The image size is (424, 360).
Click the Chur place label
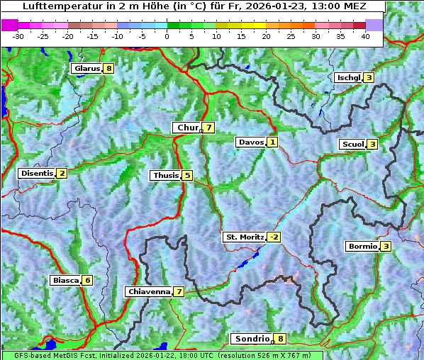(x=187, y=128)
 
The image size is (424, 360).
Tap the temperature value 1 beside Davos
(x=272, y=142)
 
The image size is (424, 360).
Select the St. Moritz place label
(x=244, y=237)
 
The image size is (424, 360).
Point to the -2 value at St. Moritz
(x=274, y=237)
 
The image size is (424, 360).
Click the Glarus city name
(x=86, y=69)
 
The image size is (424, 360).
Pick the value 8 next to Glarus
(x=108, y=69)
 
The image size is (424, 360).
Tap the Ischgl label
(x=348, y=77)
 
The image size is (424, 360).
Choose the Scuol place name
(x=352, y=144)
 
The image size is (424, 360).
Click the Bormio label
(x=362, y=247)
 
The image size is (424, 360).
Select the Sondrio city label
(x=251, y=339)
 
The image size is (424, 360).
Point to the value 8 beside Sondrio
(x=281, y=339)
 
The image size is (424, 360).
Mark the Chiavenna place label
(x=148, y=291)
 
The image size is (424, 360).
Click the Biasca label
(x=65, y=280)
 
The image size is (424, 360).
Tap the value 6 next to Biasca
(x=87, y=280)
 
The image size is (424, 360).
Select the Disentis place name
(x=36, y=173)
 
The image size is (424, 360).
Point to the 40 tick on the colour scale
(x=365, y=36)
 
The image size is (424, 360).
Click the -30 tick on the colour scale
(x=18, y=36)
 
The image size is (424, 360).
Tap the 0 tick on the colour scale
(x=167, y=36)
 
